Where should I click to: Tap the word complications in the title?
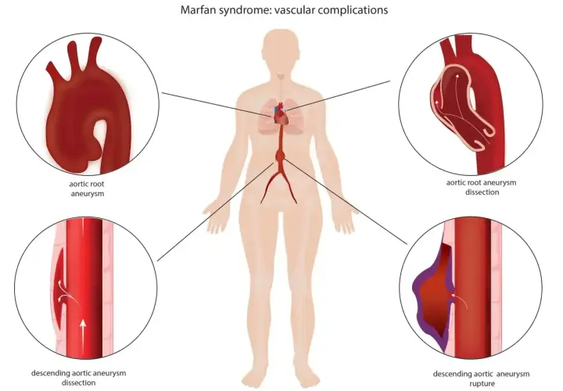point(353,10)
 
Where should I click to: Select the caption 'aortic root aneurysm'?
point(87,188)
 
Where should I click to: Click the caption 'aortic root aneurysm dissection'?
point(482,187)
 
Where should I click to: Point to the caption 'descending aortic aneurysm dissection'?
point(79,378)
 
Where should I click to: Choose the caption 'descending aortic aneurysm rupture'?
point(481,378)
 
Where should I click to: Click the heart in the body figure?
point(281,115)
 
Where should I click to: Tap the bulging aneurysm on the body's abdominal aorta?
point(280,156)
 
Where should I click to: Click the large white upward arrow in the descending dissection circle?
point(83,332)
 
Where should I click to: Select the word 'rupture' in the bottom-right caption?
point(482,383)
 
